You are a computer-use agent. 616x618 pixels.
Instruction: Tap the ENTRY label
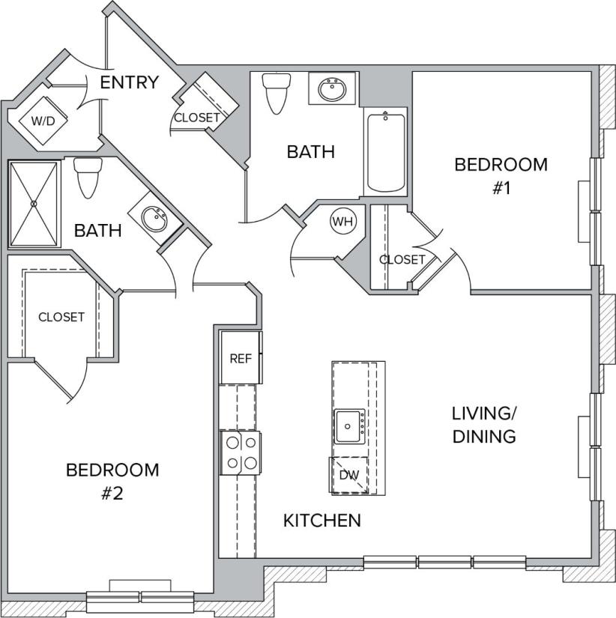pos(130,82)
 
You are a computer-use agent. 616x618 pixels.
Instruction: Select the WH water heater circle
pos(342,222)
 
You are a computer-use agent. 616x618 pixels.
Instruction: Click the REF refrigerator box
pos(241,358)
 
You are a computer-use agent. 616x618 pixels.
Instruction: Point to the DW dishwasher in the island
pos(348,475)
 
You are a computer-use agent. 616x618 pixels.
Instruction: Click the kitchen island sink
pos(349,426)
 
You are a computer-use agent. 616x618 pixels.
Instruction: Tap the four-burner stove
pos(240,452)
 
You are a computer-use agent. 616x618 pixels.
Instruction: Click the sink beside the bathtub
pos(330,91)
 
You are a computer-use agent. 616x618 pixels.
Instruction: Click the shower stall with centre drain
pos(34,203)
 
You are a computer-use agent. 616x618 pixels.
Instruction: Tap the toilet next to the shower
pos(88,177)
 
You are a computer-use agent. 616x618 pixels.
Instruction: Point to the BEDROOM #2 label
pos(112,482)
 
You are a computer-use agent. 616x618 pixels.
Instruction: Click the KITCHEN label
pos(322,520)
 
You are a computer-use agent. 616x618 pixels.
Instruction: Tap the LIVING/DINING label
pos(484,425)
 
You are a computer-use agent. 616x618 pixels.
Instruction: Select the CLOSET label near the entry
pos(197,118)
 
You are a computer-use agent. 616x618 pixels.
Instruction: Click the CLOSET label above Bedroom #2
pos(61,318)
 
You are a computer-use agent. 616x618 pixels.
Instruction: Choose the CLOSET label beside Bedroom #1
pos(402,260)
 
